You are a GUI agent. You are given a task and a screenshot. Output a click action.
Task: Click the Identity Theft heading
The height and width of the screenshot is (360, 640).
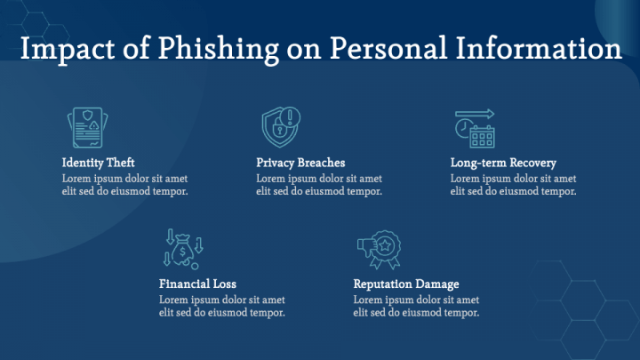pos(99,164)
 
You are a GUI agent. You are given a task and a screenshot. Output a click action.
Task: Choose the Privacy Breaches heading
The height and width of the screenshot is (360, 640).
pos(300,164)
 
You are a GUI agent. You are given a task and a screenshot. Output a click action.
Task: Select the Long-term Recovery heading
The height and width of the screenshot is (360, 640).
pos(503,164)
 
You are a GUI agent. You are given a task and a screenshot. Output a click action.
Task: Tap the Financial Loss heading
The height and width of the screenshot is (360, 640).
pos(197,284)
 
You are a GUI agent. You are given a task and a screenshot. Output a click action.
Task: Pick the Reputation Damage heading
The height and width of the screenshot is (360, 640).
pos(406,284)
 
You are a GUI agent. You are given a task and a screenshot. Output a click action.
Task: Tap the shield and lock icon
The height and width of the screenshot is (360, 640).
pos(282,128)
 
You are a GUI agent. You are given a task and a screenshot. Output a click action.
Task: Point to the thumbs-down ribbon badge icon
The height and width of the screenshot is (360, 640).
pos(379,249)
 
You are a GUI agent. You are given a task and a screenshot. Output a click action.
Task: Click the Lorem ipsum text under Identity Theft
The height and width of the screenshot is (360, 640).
pos(125,185)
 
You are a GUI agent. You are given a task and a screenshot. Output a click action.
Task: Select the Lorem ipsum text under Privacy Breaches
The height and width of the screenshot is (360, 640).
pos(319,185)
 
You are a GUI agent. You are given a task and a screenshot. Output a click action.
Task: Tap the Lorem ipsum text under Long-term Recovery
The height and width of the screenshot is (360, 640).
pos(514,185)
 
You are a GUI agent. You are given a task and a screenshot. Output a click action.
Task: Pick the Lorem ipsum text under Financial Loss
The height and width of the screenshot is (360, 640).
pos(222,306)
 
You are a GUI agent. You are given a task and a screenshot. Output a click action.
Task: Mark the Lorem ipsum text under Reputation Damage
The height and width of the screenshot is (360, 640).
pos(416,306)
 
